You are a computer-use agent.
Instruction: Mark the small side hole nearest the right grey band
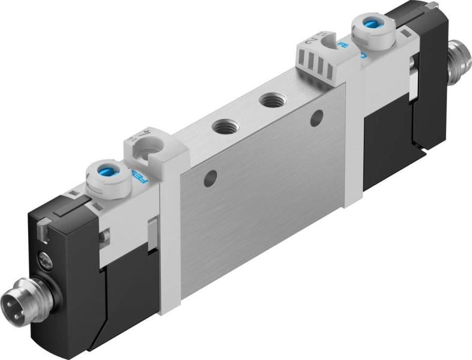[x=316, y=118]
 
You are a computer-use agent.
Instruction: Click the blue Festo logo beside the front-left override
[x=138, y=178]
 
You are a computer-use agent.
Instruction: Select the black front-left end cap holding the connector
[x=57, y=282]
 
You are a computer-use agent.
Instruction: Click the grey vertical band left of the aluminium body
[x=171, y=240]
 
